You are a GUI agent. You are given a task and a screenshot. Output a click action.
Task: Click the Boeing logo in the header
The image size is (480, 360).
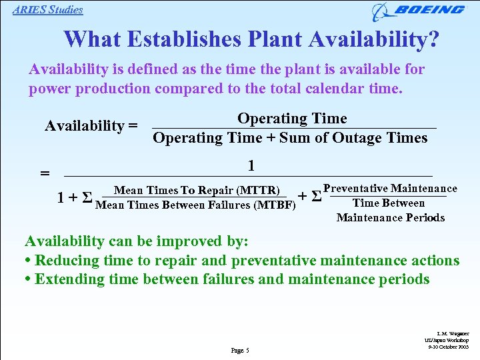[419, 11]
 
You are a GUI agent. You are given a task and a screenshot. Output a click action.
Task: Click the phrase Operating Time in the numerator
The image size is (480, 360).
[292, 119]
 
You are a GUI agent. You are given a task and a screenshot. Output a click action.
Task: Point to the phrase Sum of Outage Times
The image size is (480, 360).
[353, 138]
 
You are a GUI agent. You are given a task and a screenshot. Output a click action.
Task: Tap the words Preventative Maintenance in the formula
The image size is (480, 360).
[390, 189]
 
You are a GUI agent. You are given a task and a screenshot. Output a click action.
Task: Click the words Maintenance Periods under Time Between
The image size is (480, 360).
[390, 217]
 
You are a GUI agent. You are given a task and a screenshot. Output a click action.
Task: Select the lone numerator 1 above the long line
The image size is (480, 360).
[251, 165]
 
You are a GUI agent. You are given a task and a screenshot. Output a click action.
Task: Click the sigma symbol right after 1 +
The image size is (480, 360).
[86, 198]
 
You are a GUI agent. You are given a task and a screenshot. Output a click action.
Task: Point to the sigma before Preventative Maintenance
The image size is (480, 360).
[316, 197]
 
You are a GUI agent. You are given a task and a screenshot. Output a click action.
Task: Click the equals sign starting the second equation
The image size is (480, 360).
[45, 173]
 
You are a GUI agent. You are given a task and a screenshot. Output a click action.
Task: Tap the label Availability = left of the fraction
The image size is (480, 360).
[91, 125]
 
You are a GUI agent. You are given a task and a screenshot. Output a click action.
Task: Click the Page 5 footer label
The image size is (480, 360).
[239, 350]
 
